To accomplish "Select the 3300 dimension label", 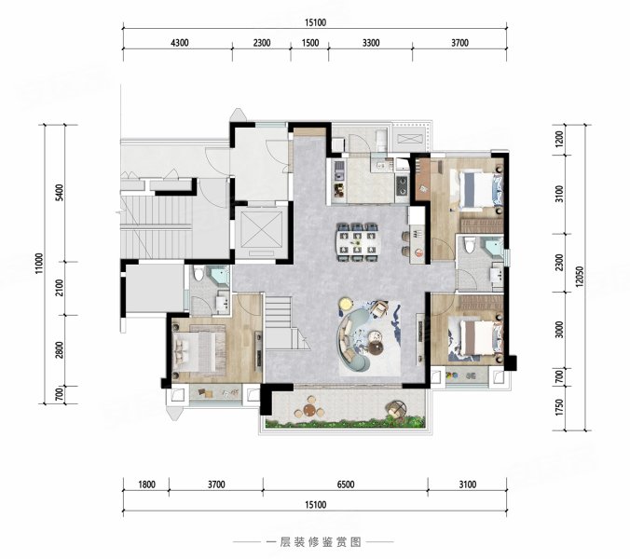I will pyautogui.click(x=369, y=42).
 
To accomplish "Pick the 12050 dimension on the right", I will pyautogui.click(x=581, y=277).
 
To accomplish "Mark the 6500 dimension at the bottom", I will pyautogui.click(x=345, y=484).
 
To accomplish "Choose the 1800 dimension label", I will pyautogui.click(x=146, y=484).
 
